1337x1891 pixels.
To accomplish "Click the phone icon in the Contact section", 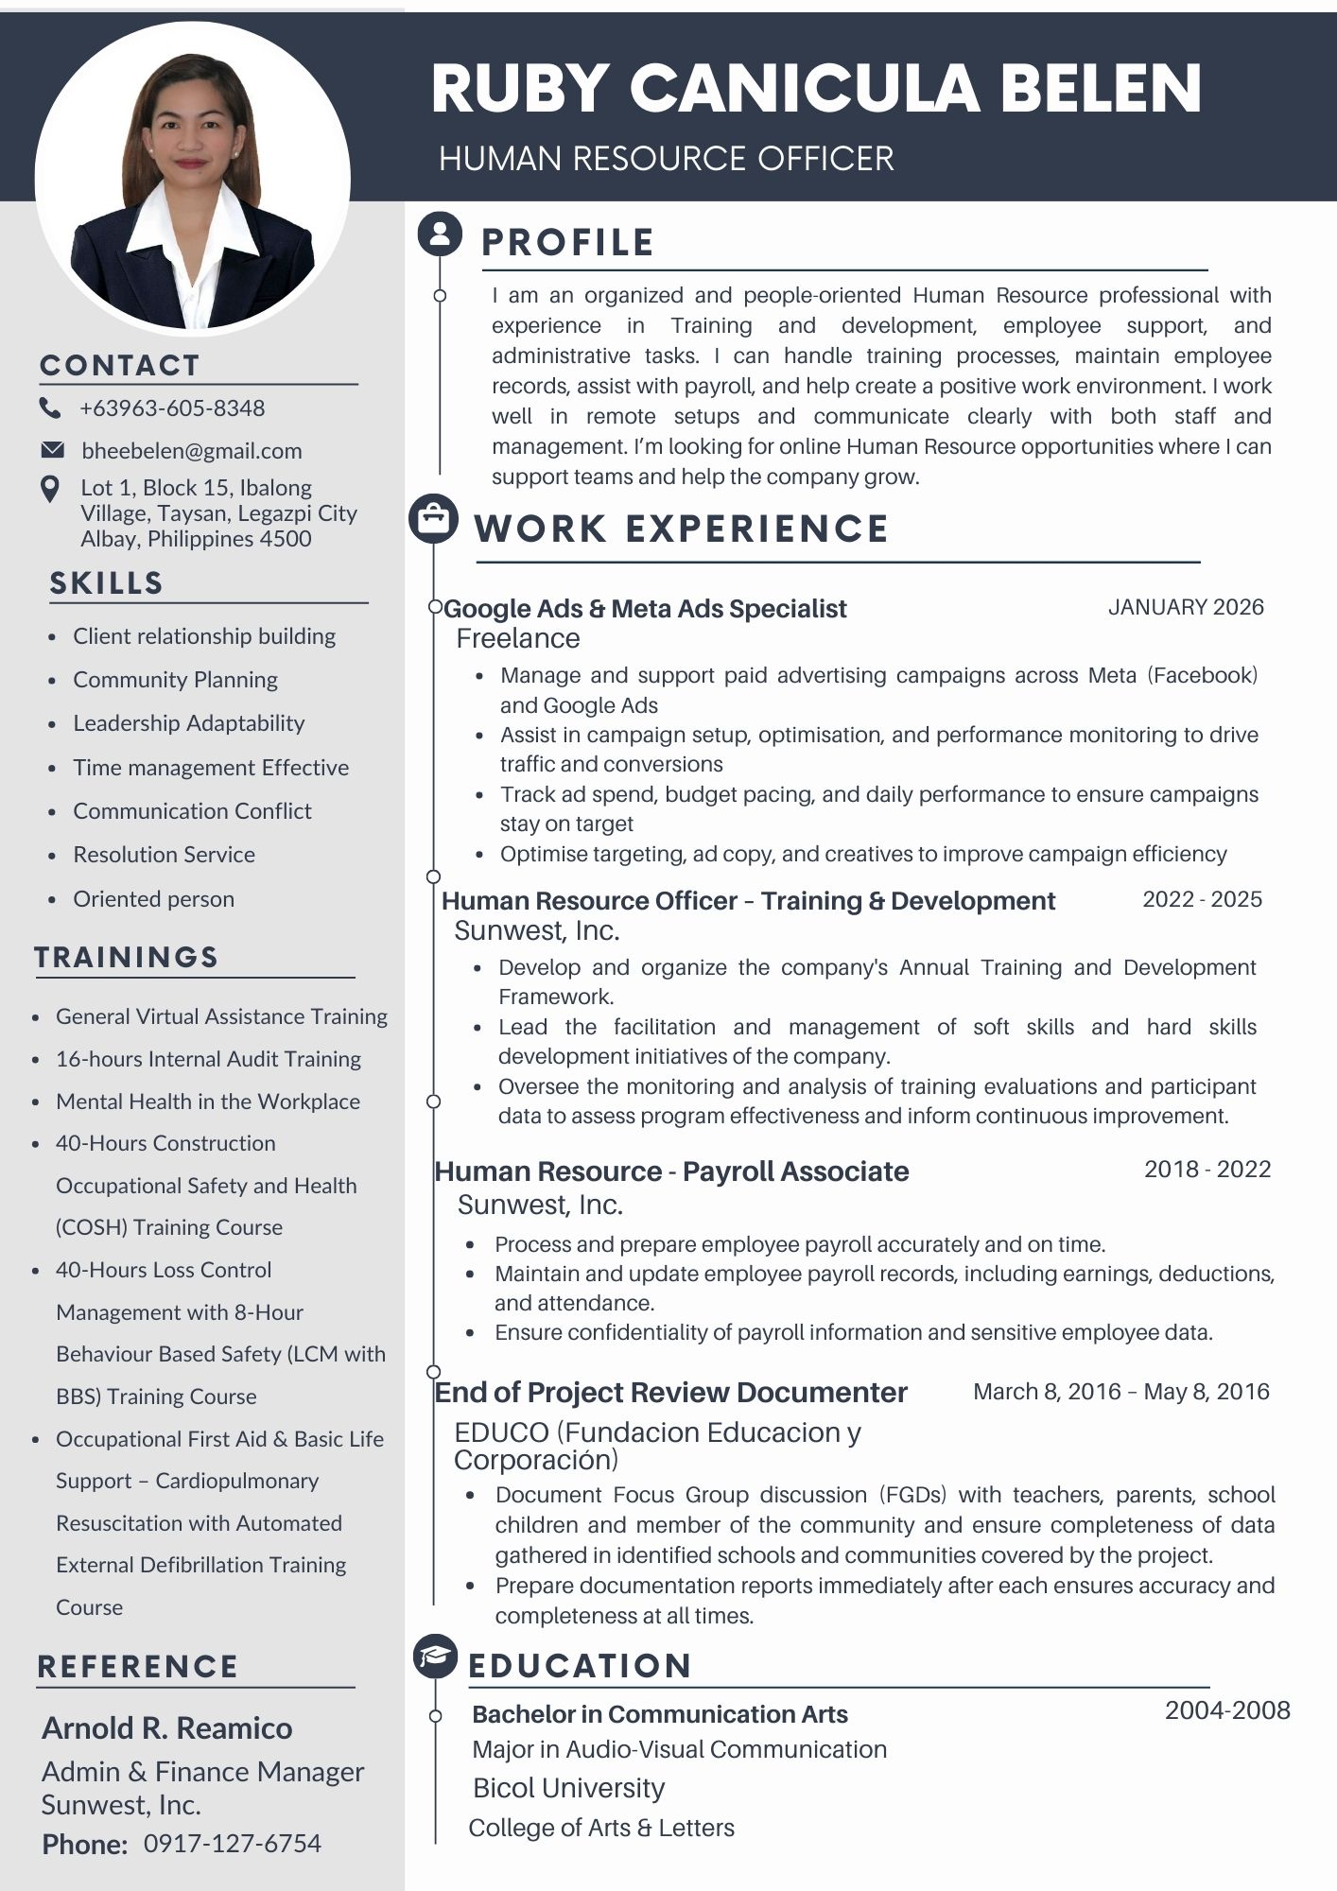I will pyautogui.click(x=49, y=408).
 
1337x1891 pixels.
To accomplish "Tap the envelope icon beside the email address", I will pyautogui.click(x=52, y=450).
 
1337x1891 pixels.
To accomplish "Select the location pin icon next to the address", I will pyautogui.click(x=50, y=489).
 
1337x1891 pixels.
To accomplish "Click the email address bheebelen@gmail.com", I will pyautogui.click(x=192, y=451).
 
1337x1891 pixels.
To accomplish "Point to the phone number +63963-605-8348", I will pyautogui.click(x=172, y=408).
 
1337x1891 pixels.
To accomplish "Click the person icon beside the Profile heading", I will pyautogui.click(x=440, y=234).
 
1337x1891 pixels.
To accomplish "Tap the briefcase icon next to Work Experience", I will pyautogui.click(x=433, y=518).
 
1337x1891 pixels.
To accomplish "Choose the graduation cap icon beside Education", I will pyautogui.click(x=435, y=1657).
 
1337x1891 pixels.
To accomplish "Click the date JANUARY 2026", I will pyautogui.click(x=1186, y=607).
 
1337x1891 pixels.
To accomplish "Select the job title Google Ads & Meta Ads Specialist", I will pyautogui.click(x=645, y=609).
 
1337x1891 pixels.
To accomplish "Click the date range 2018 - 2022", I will pyautogui.click(x=1207, y=1170).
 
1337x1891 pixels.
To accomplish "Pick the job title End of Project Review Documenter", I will pyautogui.click(x=670, y=1393).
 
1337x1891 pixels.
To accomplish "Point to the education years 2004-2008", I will pyautogui.click(x=1227, y=1710).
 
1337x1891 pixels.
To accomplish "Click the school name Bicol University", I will pyautogui.click(x=568, y=1788).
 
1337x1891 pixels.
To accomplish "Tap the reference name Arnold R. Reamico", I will pyautogui.click(x=167, y=1728).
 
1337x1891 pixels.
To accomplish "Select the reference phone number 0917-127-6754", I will pyautogui.click(x=233, y=1843).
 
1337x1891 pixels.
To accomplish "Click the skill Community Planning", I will pyautogui.click(x=175, y=680).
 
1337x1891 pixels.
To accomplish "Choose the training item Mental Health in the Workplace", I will pyautogui.click(x=208, y=1102).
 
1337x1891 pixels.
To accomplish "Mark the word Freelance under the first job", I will pyautogui.click(x=518, y=639).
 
